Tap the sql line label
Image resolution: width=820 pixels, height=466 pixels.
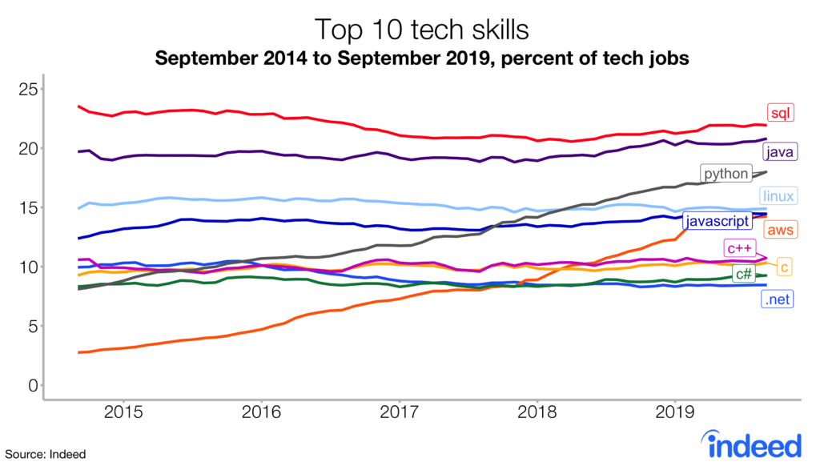pyautogui.click(x=779, y=114)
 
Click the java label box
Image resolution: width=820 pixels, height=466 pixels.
pyautogui.click(x=778, y=151)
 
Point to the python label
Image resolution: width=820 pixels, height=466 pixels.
pyautogui.click(x=726, y=174)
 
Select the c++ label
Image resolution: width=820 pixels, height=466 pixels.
pyautogui.click(x=738, y=247)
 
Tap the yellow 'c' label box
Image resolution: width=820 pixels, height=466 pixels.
pyautogui.click(x=785, y=267)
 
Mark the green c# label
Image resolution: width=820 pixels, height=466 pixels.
pyautogui.click(x=742, y=274)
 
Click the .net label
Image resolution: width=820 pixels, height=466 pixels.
pyautogui.click(x=777, y=300)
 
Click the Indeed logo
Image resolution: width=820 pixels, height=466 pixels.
pyautogui.click(x=750, y=442)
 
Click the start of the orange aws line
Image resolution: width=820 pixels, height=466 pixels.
pyautogui.click(x=78, y=352)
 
